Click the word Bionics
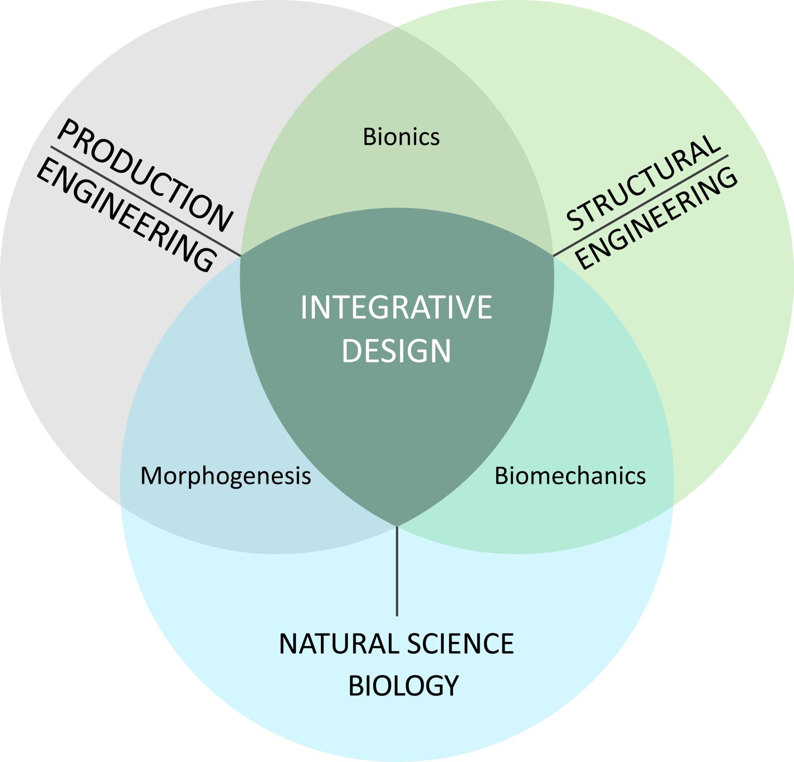[401, 137]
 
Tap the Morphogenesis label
[225, 476]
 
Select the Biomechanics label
[570, 476]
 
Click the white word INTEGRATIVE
[396, 308]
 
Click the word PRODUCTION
[145, 175]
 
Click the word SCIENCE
[460, 644]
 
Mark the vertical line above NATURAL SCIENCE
[397, 571]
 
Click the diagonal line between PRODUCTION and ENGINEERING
[146, 201]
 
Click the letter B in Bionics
[370, 137]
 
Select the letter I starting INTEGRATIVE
[303, 308]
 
